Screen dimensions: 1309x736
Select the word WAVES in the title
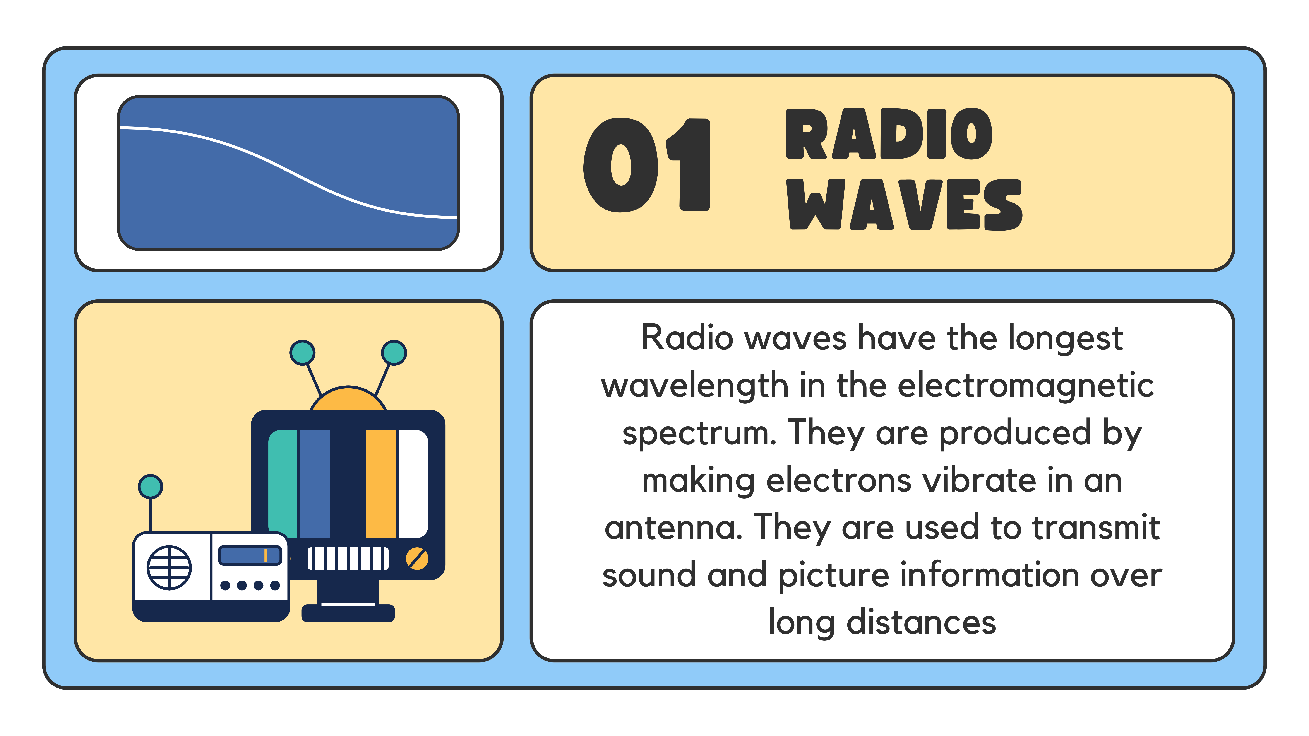(905, 204)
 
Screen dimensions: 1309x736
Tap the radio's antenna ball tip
(150, 487)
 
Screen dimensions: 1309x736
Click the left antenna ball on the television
(302, 352)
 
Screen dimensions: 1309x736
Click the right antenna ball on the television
(394, 352)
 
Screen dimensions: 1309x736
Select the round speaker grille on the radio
(169, 567)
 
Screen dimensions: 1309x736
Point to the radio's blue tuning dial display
(250, 555)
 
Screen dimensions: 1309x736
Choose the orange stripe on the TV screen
(381, 484)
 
